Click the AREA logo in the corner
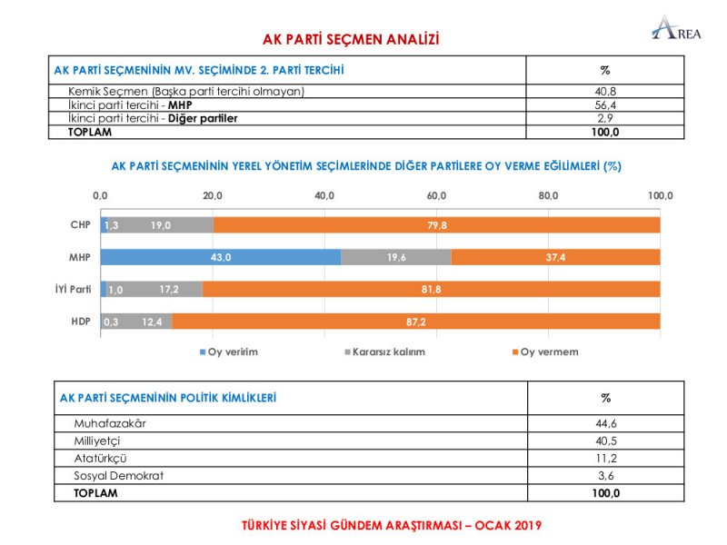click(677, 29)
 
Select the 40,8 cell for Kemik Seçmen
click(605, 92)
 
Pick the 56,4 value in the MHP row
click(605, 104)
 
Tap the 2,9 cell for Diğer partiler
click(605, 118)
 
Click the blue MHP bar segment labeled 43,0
click(221, 258)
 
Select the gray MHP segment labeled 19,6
click(396, 258)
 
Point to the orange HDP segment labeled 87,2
click(416, 322)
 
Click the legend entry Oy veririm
click(226, 352)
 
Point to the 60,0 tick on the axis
click(436, 196)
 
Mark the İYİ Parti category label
click(75, 290)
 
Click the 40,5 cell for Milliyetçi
click(605, 441)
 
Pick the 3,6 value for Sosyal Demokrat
click(605, 475)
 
